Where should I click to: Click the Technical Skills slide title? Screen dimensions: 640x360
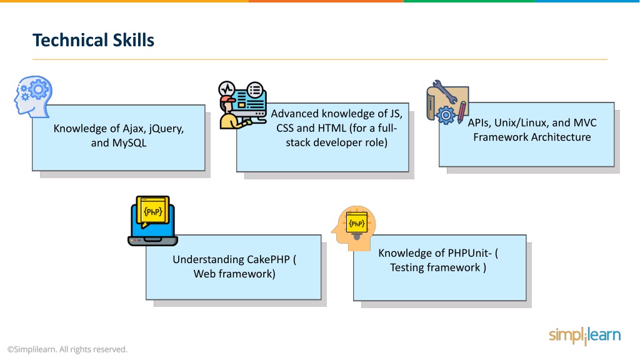point(94,40)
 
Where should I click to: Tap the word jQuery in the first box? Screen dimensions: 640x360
point(166,129)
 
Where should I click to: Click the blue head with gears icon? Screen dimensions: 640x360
point(33,97)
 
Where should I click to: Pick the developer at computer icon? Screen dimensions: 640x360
point(242,105)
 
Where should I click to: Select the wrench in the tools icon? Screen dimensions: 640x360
point(445,91)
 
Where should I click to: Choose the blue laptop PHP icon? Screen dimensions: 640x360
point(152,221)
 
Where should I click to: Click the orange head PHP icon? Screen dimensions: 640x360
point(354,228)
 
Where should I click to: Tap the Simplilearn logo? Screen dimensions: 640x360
point(585,336)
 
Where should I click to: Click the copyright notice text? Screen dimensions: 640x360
point(67,349)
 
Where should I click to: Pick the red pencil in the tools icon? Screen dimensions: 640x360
point(462,112)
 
